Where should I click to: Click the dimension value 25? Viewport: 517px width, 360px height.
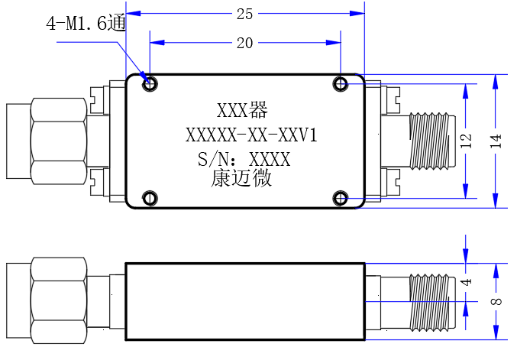244,15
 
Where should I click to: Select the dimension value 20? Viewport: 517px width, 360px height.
244,44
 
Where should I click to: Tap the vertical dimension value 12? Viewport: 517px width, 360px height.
467,141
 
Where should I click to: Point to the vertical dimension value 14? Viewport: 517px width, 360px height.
496,141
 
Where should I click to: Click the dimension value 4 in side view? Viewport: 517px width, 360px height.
467,282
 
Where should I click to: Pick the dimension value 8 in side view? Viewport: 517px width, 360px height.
496,301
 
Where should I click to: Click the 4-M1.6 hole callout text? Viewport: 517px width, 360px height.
86,23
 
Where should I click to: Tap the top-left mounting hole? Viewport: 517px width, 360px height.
150,84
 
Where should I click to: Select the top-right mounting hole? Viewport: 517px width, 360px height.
341,84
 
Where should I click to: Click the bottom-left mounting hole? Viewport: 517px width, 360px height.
150,198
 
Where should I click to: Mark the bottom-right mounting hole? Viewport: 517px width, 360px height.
341,198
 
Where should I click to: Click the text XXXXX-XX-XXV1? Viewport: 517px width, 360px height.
251,135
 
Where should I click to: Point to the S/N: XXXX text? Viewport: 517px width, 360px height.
244,160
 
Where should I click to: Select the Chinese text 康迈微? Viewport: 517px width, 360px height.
241,178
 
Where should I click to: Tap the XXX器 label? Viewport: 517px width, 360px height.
242,110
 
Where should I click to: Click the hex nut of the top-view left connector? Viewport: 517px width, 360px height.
59,141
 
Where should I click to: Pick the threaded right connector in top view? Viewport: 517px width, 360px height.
432,141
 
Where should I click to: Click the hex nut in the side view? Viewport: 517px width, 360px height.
59,300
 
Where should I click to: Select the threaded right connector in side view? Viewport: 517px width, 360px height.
432,302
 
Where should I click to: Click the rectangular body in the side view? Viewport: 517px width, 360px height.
245,302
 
